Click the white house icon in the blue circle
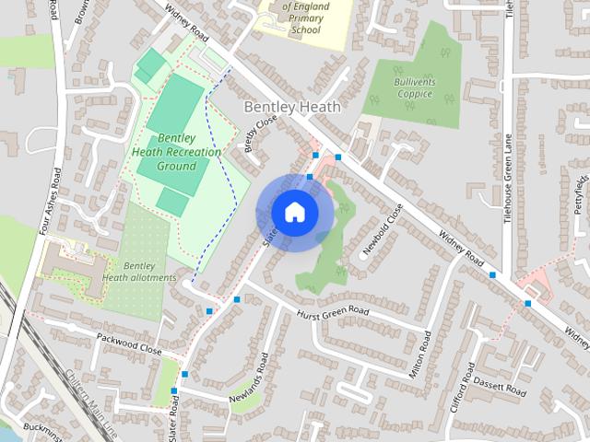295,213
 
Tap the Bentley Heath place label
291,108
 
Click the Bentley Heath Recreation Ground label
176,152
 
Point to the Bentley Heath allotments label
138,271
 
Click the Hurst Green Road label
332,314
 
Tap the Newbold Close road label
383,227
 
